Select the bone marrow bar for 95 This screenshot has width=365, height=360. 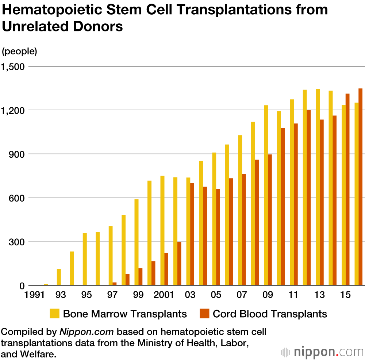(x=85, y=259)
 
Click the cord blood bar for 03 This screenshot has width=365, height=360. (x=192, y=234)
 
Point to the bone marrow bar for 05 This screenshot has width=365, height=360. (x=214, y=219)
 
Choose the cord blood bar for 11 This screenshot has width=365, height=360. (x=296, y=204)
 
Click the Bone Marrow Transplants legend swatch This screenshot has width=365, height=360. (x=55, y=314)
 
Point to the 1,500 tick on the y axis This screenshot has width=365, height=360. (x=13, y=67)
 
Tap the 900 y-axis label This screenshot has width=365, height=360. (x=16, y=154)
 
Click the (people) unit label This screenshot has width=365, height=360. (x=19, y=51)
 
